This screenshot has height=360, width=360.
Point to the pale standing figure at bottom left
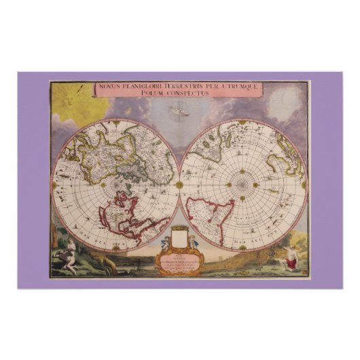point(69,259)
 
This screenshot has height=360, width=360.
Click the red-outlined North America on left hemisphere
point(130,217)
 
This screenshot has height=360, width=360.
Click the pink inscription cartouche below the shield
point(180,262)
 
